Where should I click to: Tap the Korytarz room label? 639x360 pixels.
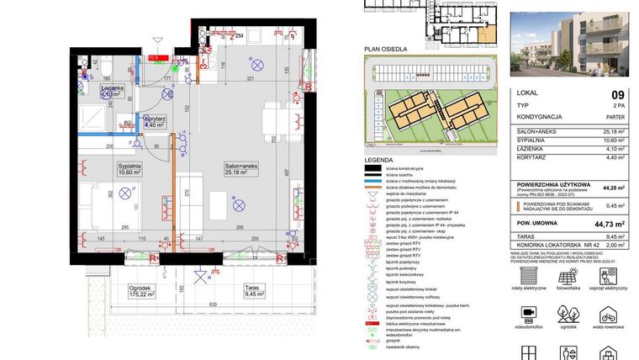(154, 121)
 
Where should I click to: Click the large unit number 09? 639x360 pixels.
(617, 96)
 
